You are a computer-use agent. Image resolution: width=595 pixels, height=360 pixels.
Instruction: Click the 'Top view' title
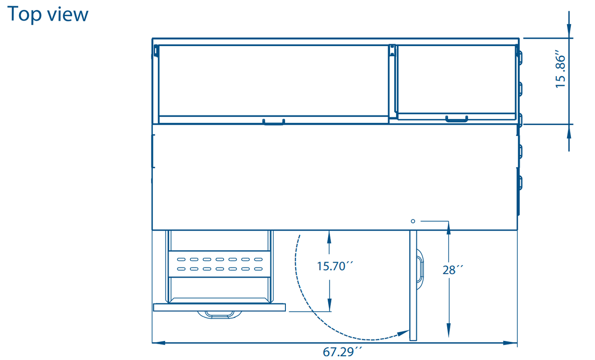[x=47, y=14]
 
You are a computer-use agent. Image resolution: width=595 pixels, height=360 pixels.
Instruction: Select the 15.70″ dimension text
[x=335, y=266]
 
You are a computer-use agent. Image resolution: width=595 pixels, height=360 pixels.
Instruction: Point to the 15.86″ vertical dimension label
[x=561, y=71]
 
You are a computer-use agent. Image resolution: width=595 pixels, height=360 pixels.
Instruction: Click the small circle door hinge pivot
[x=412, y=221]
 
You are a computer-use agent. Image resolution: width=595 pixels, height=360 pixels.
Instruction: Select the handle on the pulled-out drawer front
[x=219, y=315]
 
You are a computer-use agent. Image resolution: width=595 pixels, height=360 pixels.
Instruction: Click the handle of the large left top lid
[x=273, y=122]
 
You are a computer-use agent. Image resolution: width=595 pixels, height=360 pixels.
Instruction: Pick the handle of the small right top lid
[x=456, y=119]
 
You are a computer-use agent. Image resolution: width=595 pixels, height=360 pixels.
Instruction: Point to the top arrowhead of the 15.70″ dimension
[x=329, y=235]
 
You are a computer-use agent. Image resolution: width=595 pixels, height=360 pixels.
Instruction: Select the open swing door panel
[x=413, y=285]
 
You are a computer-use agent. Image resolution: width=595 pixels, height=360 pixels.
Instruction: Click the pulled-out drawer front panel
[x=219, y=307]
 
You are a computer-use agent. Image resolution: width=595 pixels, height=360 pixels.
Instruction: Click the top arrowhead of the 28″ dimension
[x=449, y=227]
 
